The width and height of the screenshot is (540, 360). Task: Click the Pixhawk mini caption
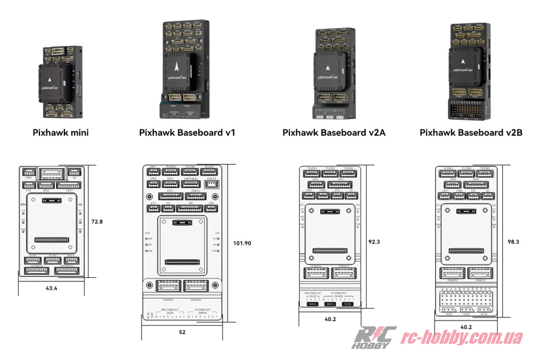[60, 132]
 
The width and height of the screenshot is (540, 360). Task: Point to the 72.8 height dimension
[98, 222]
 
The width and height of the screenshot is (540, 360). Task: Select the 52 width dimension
[181, 332]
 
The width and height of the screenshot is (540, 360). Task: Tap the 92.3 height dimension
[374, 242]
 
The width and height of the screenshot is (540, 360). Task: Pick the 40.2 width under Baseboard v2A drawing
[329, 319]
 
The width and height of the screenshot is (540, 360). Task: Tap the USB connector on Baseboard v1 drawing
[211, 208]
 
